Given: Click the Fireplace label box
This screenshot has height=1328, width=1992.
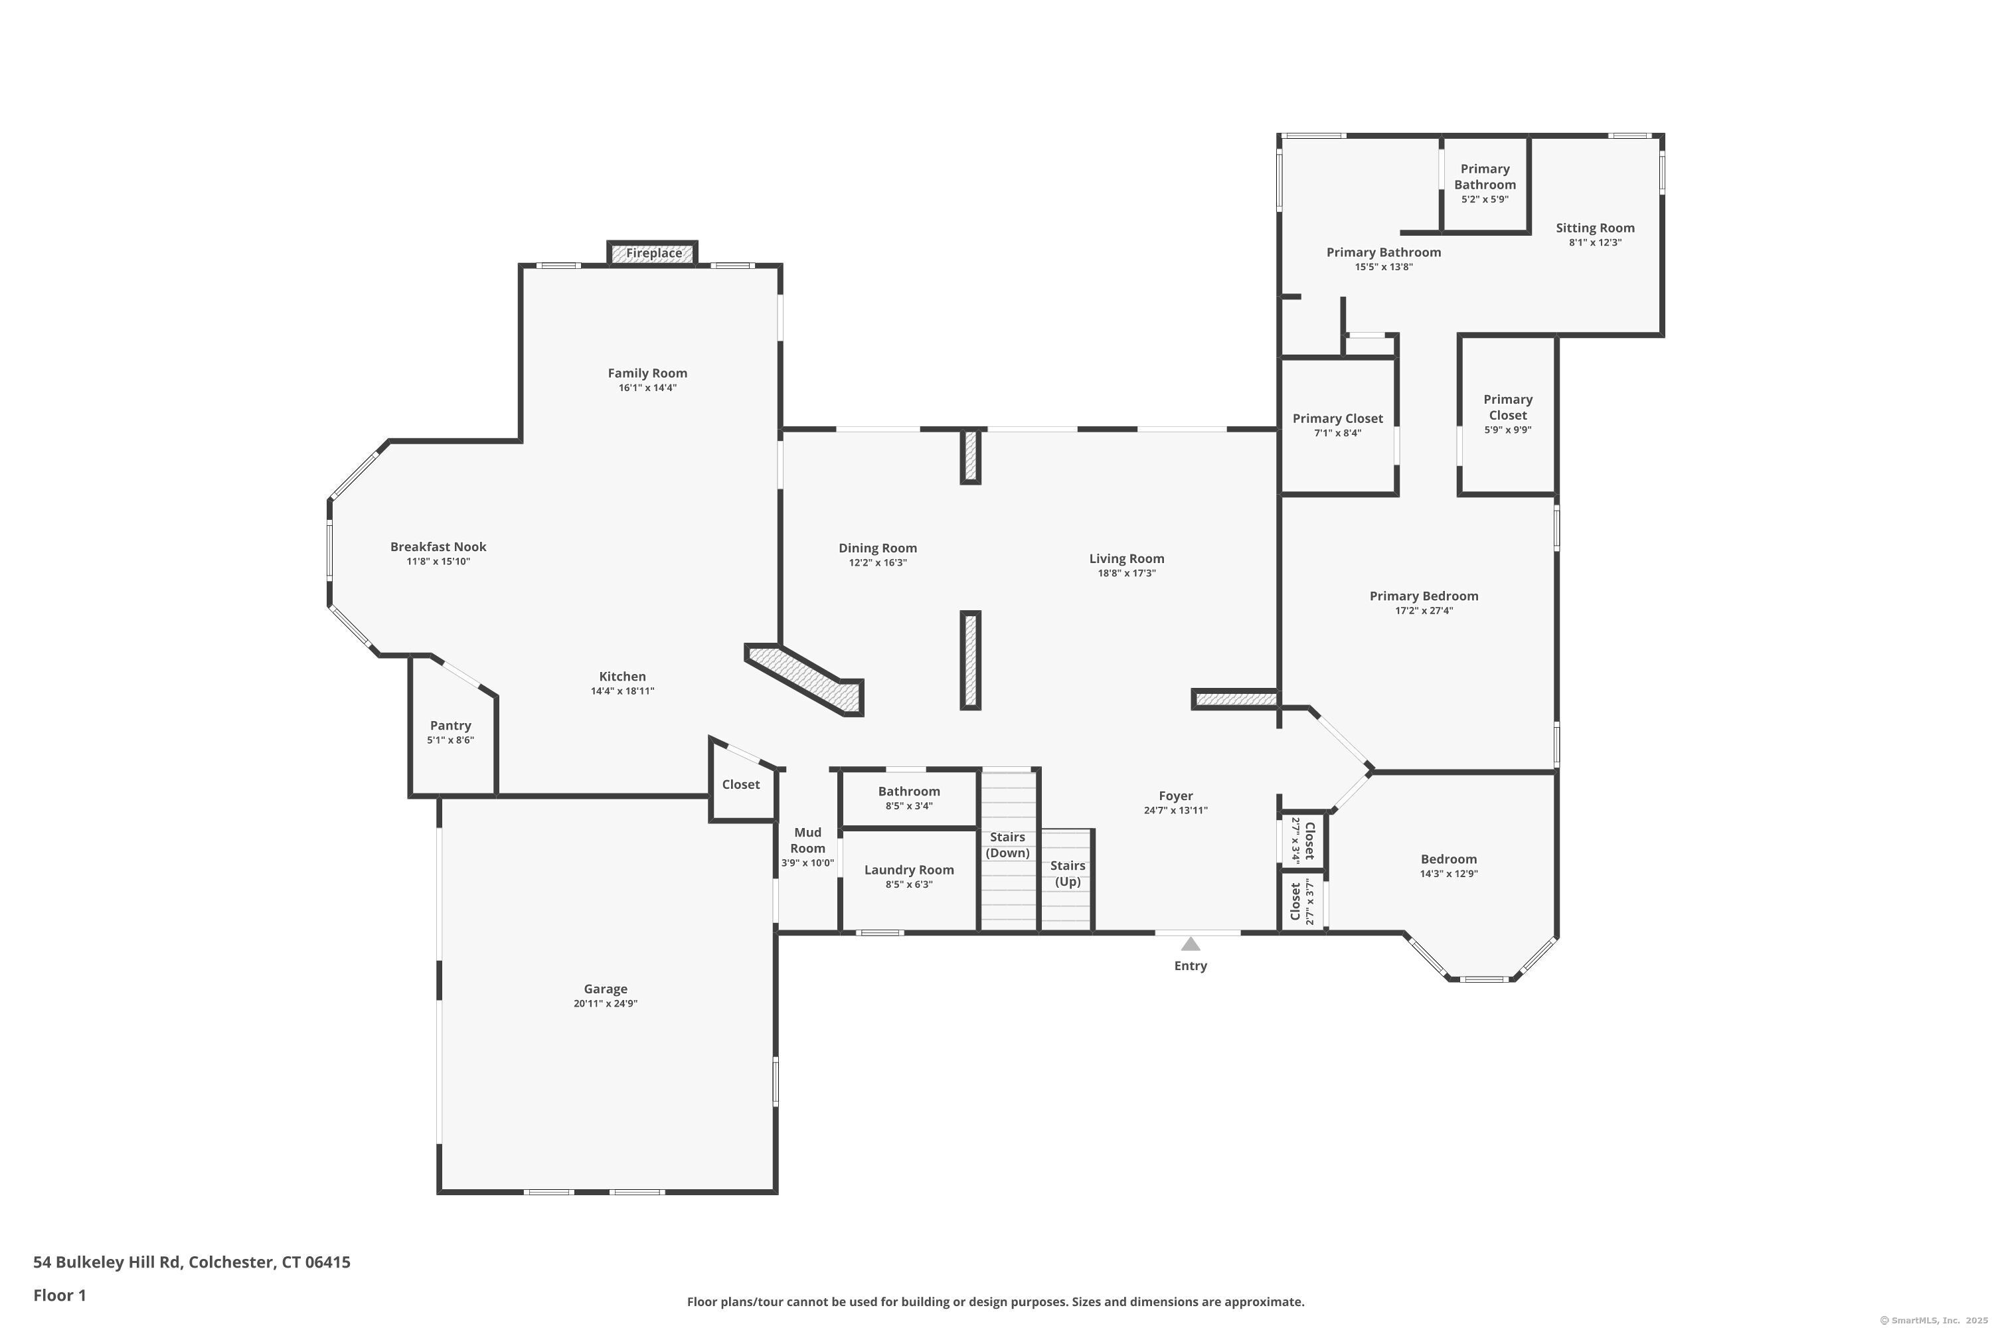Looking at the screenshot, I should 653,253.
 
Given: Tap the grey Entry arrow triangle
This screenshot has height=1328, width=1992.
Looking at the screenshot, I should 1190,944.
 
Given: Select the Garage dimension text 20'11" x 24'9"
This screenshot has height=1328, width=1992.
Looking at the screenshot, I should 605,1003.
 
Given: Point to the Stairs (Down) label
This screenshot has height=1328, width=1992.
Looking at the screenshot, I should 1007,845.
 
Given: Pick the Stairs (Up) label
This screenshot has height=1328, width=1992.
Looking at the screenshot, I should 1067,873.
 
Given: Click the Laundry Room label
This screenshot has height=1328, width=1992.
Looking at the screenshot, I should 909,870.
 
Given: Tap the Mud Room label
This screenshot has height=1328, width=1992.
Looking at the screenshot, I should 807,840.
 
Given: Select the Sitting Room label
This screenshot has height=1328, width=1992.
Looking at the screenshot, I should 1595,228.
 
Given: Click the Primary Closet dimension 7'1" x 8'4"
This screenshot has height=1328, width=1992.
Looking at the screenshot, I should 1337,433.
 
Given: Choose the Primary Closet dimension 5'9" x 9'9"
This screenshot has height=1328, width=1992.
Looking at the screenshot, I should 1507,430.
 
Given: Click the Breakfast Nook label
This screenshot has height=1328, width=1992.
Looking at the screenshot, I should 438,547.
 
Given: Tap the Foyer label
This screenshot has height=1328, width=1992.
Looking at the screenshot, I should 1175,796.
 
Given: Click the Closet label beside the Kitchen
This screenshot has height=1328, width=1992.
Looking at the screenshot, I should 740,784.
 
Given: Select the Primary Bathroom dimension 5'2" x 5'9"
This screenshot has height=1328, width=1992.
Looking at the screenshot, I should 1485,200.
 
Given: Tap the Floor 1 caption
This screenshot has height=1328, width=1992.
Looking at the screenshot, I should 59,1295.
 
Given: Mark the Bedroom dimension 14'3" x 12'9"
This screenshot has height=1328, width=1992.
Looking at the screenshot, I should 1448,874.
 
